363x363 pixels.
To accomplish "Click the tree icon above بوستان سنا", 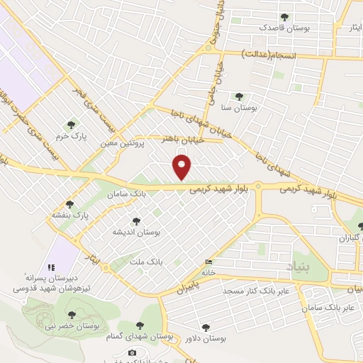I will [x=238, y=96].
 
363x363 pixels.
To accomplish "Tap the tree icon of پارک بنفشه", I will [x=69, y=203].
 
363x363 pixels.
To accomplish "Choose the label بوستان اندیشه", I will [x=137, y=232].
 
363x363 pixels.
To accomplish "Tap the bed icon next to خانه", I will [x=207, y=262].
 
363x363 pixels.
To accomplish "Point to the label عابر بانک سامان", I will [x=327, y=308].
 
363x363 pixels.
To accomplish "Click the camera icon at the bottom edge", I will [x=133, y=352].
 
